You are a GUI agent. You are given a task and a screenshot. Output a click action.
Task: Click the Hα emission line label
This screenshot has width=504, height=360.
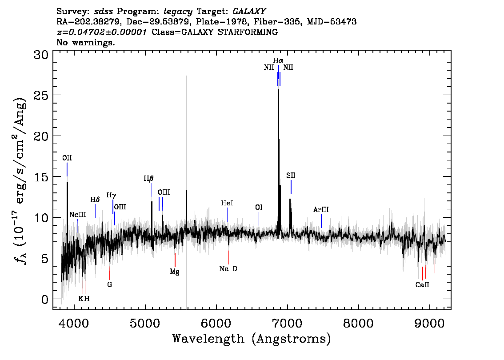278,60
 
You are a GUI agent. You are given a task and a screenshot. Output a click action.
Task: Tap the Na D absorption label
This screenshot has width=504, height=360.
228,269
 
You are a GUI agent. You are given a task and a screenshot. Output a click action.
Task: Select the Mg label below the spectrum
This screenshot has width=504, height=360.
175,272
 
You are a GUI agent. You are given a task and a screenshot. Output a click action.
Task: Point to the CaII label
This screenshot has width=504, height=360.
422,285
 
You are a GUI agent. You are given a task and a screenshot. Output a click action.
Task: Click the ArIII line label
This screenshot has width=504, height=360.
321,210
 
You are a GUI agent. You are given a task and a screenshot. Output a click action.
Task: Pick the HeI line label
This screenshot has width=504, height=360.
227,203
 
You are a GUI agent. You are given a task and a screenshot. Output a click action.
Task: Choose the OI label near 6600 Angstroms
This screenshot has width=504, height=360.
259,207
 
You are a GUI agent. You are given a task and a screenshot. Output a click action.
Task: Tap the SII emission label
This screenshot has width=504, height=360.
291,175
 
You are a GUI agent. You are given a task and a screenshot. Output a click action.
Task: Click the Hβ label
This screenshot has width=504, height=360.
148,179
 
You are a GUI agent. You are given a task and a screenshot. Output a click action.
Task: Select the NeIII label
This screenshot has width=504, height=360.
78,214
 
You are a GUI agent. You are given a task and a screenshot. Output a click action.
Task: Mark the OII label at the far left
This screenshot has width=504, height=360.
67,158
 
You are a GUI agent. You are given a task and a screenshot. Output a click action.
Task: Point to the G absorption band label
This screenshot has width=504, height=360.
110,284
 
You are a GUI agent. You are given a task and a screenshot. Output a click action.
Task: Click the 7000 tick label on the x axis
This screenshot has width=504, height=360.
287,323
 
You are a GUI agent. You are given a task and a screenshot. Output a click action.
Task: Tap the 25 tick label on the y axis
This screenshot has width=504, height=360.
41,95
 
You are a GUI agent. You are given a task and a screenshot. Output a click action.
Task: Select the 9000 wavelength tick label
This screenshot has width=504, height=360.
429,323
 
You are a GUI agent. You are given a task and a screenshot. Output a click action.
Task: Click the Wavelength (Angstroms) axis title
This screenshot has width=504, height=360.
252,339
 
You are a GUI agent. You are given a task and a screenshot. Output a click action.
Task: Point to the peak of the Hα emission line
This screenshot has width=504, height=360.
278,89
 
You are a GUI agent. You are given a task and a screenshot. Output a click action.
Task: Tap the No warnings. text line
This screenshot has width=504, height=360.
85,42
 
